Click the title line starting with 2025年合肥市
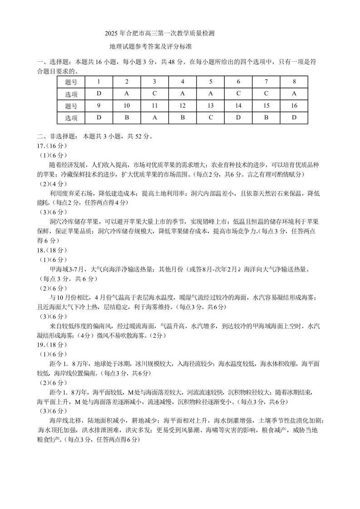tap(159, 33)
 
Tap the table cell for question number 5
tap(211, 82)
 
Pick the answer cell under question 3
tap(154, 94)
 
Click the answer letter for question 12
tap(182, 118)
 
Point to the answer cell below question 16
tap(294, 118)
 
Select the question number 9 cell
tap(99, 106)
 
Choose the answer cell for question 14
tap(238, 118)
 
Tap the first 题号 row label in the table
tap(71, 82)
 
